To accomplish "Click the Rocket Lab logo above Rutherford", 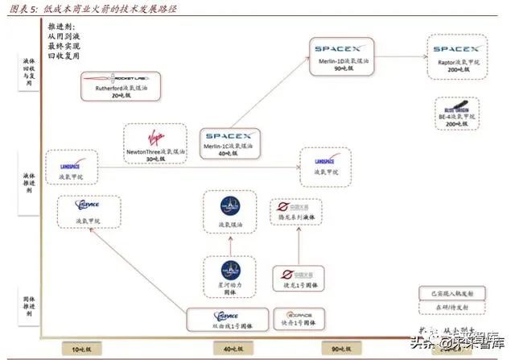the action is tap(118, 79).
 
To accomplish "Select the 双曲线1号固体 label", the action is tap(226, 325).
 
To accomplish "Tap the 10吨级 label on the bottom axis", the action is tap(80, 348).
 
